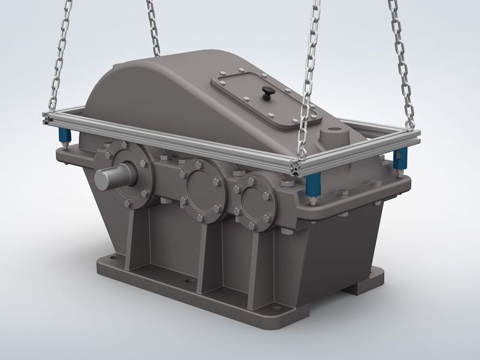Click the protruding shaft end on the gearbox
108,177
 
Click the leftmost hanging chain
60,54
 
